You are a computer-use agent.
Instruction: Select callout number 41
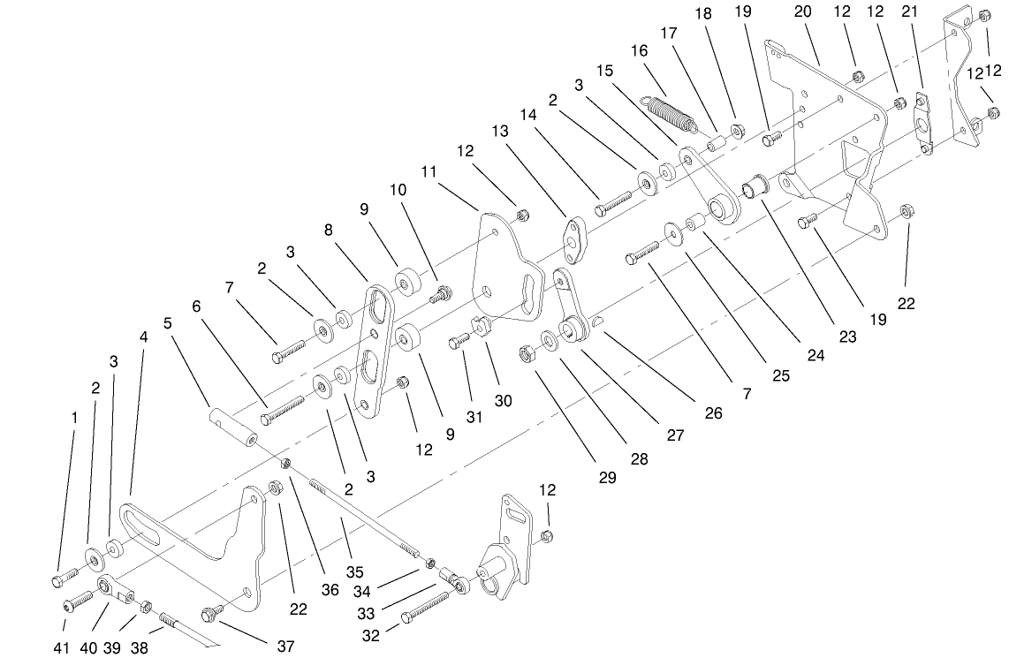point(61,647)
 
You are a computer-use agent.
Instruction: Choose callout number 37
point(285,646)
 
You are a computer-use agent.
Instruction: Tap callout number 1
point(75,415)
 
